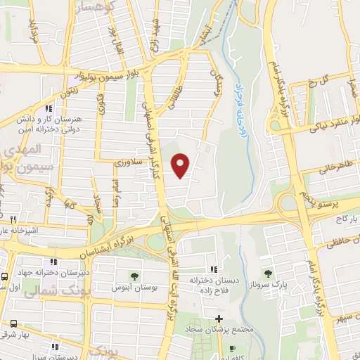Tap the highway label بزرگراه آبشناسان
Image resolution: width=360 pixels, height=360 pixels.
(101, 240)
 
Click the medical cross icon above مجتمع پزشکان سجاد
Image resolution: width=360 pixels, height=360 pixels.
(219, 319)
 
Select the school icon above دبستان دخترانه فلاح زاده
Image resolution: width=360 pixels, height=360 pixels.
(213, 269)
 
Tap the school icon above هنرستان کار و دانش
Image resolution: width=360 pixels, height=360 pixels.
(49, 109)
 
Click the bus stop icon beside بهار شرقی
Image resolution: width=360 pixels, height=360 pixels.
(14, 324)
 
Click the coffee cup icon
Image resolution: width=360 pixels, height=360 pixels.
(233, 348)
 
